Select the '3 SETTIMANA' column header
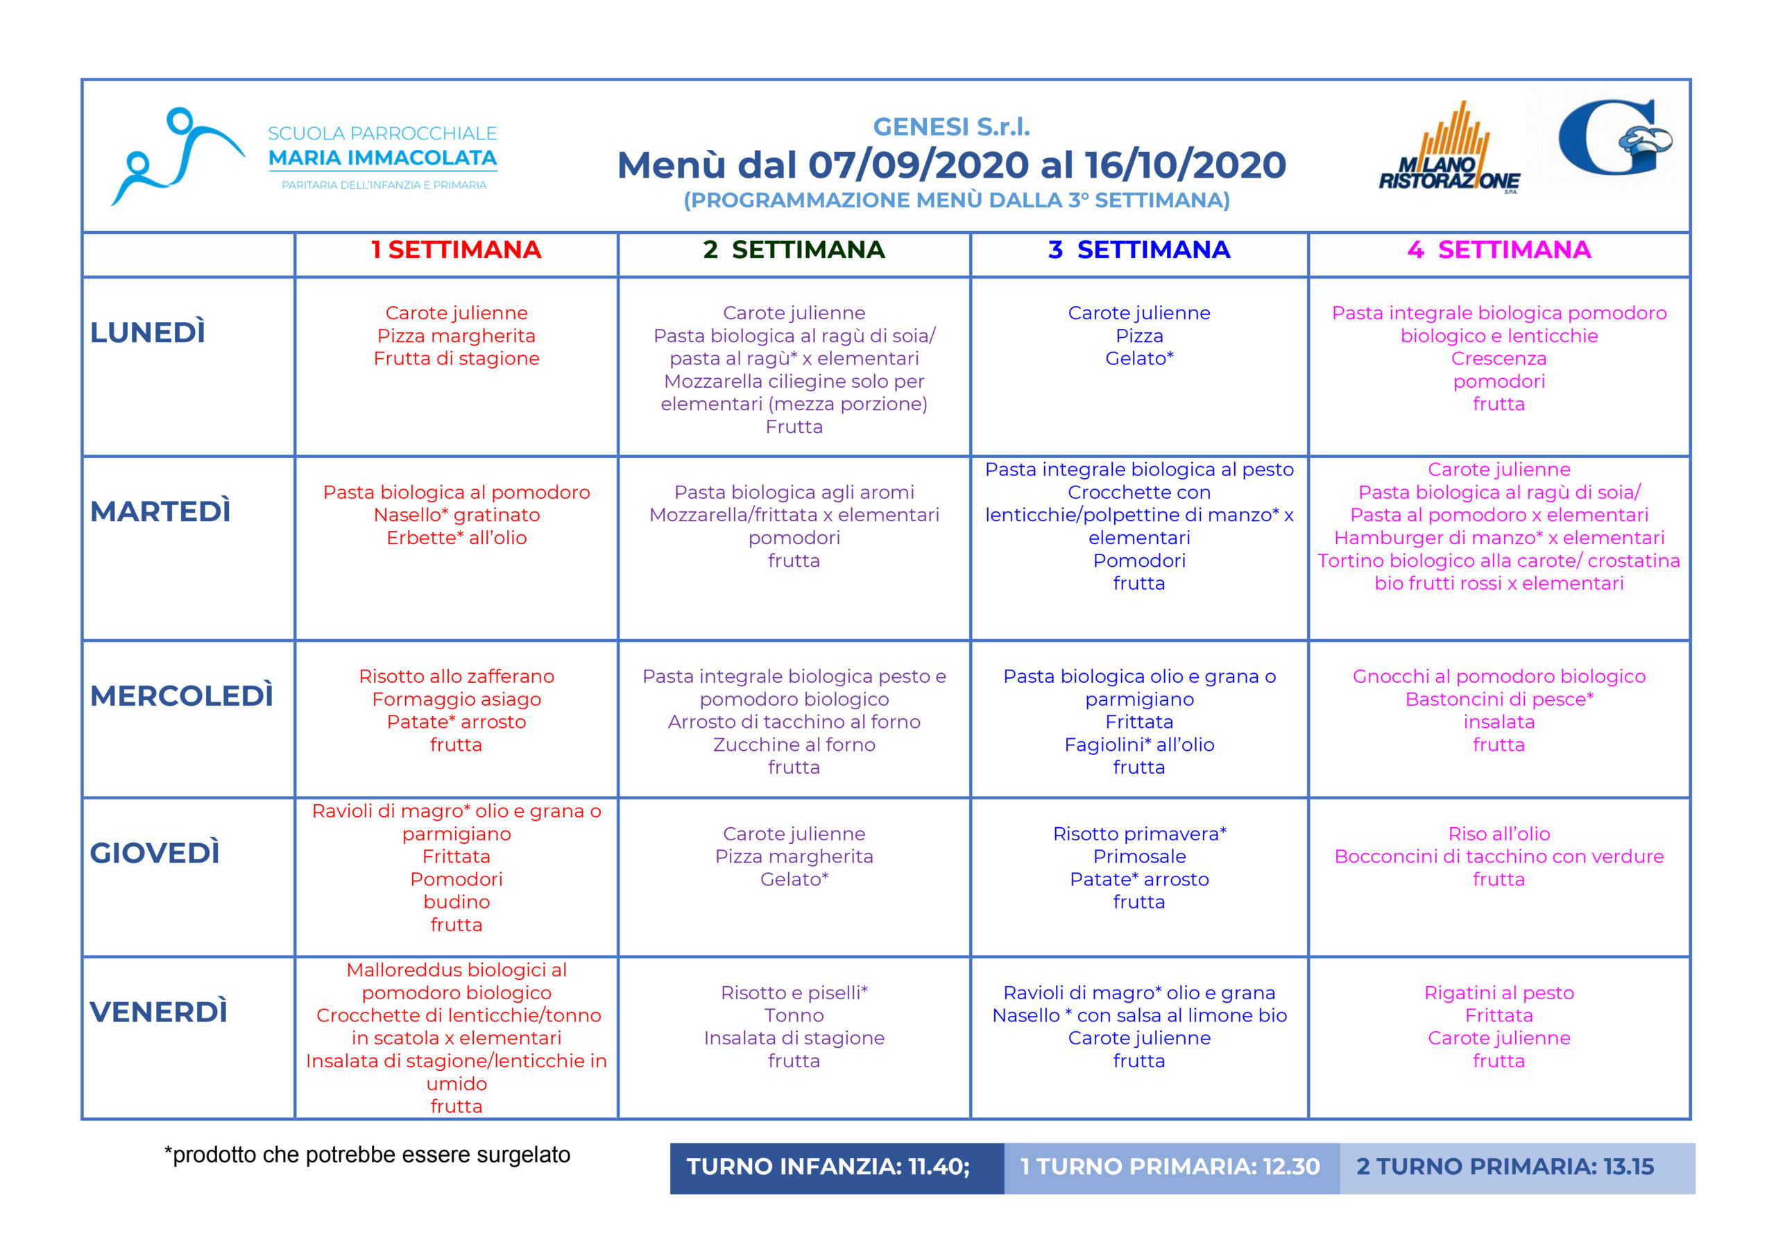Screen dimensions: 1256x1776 pyautogui.click(x=1138, y=250)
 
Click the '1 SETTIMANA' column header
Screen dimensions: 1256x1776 pyautogui.click(x=456, y=250)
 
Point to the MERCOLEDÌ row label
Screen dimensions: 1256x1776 pyautogui.click(x=182, y=696)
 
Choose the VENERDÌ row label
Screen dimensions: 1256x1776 pyautogui.click(x=159, y=1012)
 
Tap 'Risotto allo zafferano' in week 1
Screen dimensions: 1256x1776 pyautogui.click(x=456, y=677)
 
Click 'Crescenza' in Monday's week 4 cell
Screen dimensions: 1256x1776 pyautogui.click(x=1498, y=358)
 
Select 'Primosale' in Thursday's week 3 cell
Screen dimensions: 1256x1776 pyautogui.click(x=1138, y=857)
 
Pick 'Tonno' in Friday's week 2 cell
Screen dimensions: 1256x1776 pyautogui.click(x=794, y=1015)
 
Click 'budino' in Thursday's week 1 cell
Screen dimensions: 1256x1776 pyautogui.click(x=456, y=901)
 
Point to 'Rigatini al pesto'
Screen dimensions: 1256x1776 pyautogui.click(x=1498, y=993)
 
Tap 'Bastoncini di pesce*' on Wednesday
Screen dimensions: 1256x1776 pyautogui.click(x=1498, y=699)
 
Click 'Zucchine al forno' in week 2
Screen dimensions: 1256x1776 pyautogui.click(x=794, y=745)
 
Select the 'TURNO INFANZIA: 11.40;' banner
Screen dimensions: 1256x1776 pyautogui.click(x=828, y=1167)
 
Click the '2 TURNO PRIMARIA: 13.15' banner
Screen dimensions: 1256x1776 pyautogui.click(x=1505, y=1167)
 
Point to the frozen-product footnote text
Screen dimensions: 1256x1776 pyautogui.click(x=368, y=1155)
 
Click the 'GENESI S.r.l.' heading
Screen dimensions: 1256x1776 pyautogui.click(x=951, y=126)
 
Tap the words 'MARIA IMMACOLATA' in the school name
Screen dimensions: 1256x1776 pyautogui.click(x=382, y=158)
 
